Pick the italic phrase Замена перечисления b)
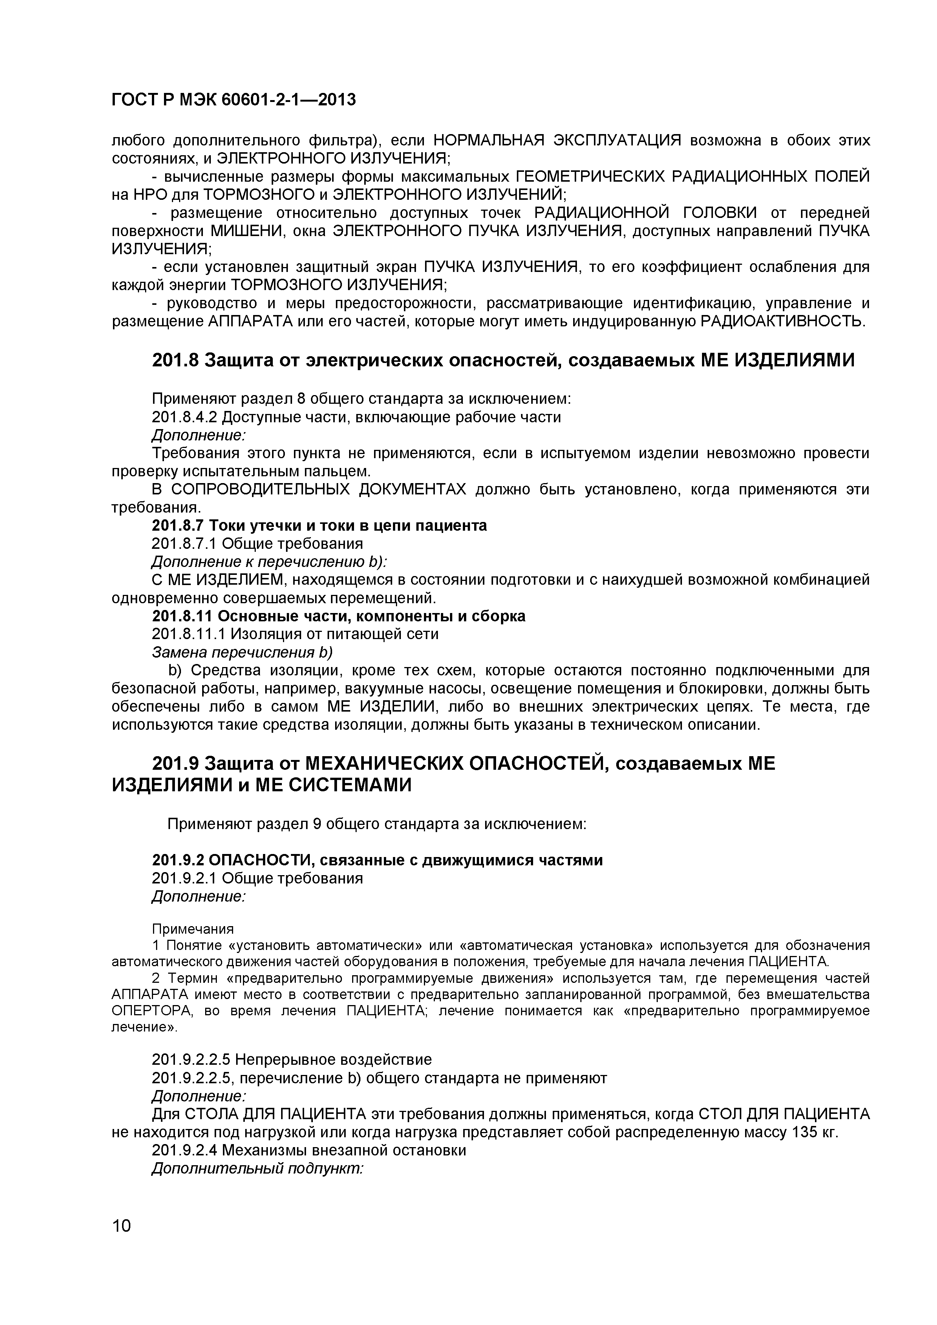pos(243,652)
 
